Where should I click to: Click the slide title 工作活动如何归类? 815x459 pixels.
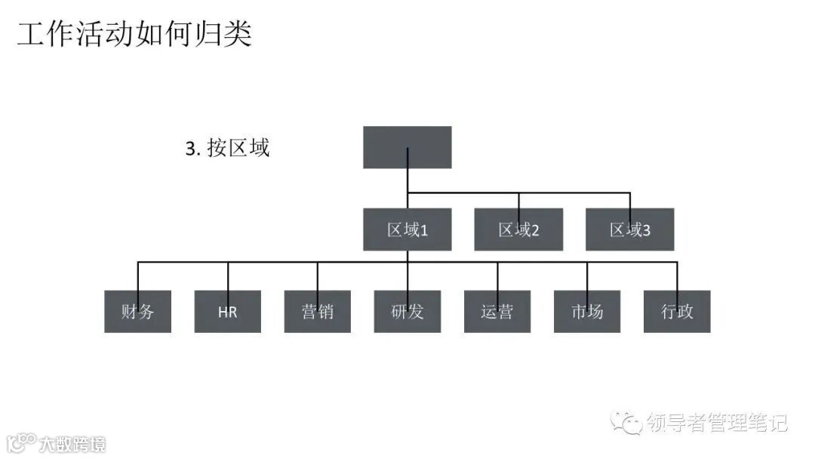[x=134, y=35]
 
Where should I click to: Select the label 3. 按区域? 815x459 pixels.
[x=227, y=148]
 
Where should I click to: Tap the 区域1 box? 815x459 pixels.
[x=407, y=229]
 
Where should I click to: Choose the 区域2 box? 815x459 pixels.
[x=518, y=229]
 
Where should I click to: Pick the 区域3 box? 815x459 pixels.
[x=629, y=229]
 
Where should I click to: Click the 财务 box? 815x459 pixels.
[x=137, y=311]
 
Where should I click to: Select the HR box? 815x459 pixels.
[x=227, y=311]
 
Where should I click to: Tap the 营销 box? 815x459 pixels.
[x=317, y=311]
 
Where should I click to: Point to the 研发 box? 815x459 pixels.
[x=407, y=311]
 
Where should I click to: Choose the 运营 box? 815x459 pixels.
[x=497, y=311]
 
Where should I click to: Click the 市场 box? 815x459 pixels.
[x=586, y=311]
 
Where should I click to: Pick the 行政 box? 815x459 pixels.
[x=677, y=311]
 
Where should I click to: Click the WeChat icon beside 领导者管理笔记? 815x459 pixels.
[x=627, y=423]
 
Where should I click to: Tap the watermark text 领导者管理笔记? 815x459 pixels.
[x=717, y=423]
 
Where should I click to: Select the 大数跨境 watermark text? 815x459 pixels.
[x=73, y=444]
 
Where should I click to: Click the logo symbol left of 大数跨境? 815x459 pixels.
[x=21, y=443]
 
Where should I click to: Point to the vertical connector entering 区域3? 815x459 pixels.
[x=629, y=201]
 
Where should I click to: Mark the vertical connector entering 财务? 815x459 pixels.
[x=137, y=276]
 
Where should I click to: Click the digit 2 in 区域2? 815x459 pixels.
[x=534, y=230]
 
